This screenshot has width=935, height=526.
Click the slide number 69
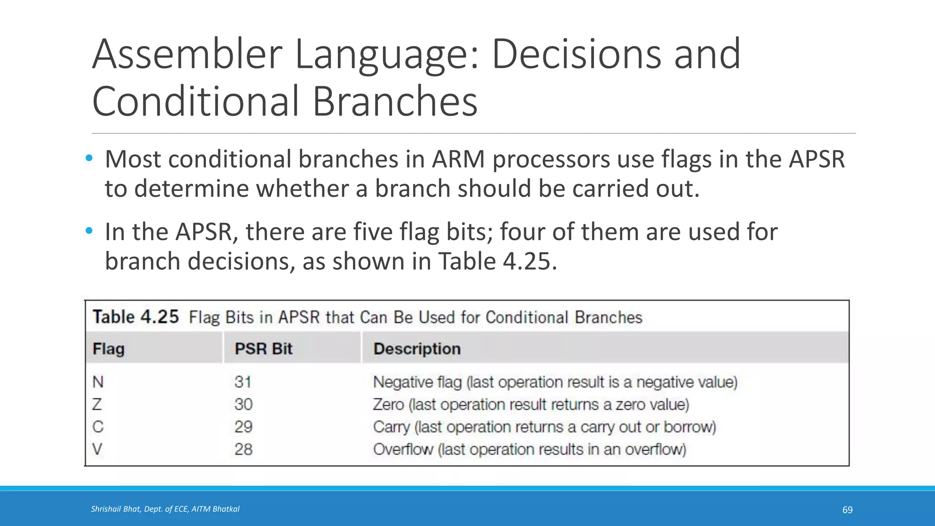(x=847, y=510)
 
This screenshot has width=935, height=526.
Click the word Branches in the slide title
(x=394, y=101)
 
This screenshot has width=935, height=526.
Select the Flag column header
(x=109, y=349)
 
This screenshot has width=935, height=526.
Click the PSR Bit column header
(x=263, y=349)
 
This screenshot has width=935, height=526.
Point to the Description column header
(x=417, y=349)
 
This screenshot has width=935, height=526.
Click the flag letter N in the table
(x=98, y=382)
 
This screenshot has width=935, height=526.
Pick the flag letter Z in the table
(x=97, y=405)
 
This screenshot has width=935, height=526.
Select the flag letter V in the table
(x=97, y=449)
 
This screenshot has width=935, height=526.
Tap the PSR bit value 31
(x=243, y=382)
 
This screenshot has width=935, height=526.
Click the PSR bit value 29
(x=243, y=427)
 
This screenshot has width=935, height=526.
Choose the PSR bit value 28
(x=243, y=449)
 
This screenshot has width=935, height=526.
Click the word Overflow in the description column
(x=403, y=449)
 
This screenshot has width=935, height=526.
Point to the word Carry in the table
(x=391, y=427)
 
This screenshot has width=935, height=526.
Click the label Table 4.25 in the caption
(x=136, y=317)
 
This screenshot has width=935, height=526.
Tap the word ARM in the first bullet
(x=458, y=159)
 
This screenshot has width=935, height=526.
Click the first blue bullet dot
(x=89, y=158)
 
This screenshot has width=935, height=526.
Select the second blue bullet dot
(x=89, y=231)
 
